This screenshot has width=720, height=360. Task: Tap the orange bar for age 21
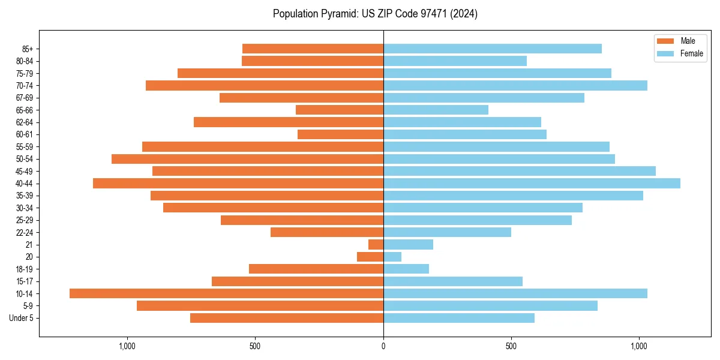(x=376, y=245)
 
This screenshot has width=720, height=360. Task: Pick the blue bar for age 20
(x=392, y=257)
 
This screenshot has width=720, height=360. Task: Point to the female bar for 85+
(x=492, y=49)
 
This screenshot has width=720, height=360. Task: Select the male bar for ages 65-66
(x=340, y=110)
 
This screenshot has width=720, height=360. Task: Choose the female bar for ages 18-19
(x=406, y=269)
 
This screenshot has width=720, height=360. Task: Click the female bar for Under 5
(x=459, y=318)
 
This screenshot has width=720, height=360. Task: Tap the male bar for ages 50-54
(x=247, y=159)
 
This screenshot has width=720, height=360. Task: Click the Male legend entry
(x=688, y=41)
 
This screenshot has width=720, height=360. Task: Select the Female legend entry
(x=691, y=53)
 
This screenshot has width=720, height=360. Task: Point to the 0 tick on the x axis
(x=383, y=346)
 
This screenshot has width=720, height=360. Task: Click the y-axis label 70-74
(x=25, y=86)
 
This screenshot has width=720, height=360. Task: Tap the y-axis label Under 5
(x=21, y=318)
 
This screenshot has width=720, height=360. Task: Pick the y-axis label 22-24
(x=25, y=233)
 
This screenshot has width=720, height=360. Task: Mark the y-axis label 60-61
(x=25, y=134)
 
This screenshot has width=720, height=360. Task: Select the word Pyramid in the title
(x=337, y=14)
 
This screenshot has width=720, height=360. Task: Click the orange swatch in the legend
(x=665, y=41)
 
